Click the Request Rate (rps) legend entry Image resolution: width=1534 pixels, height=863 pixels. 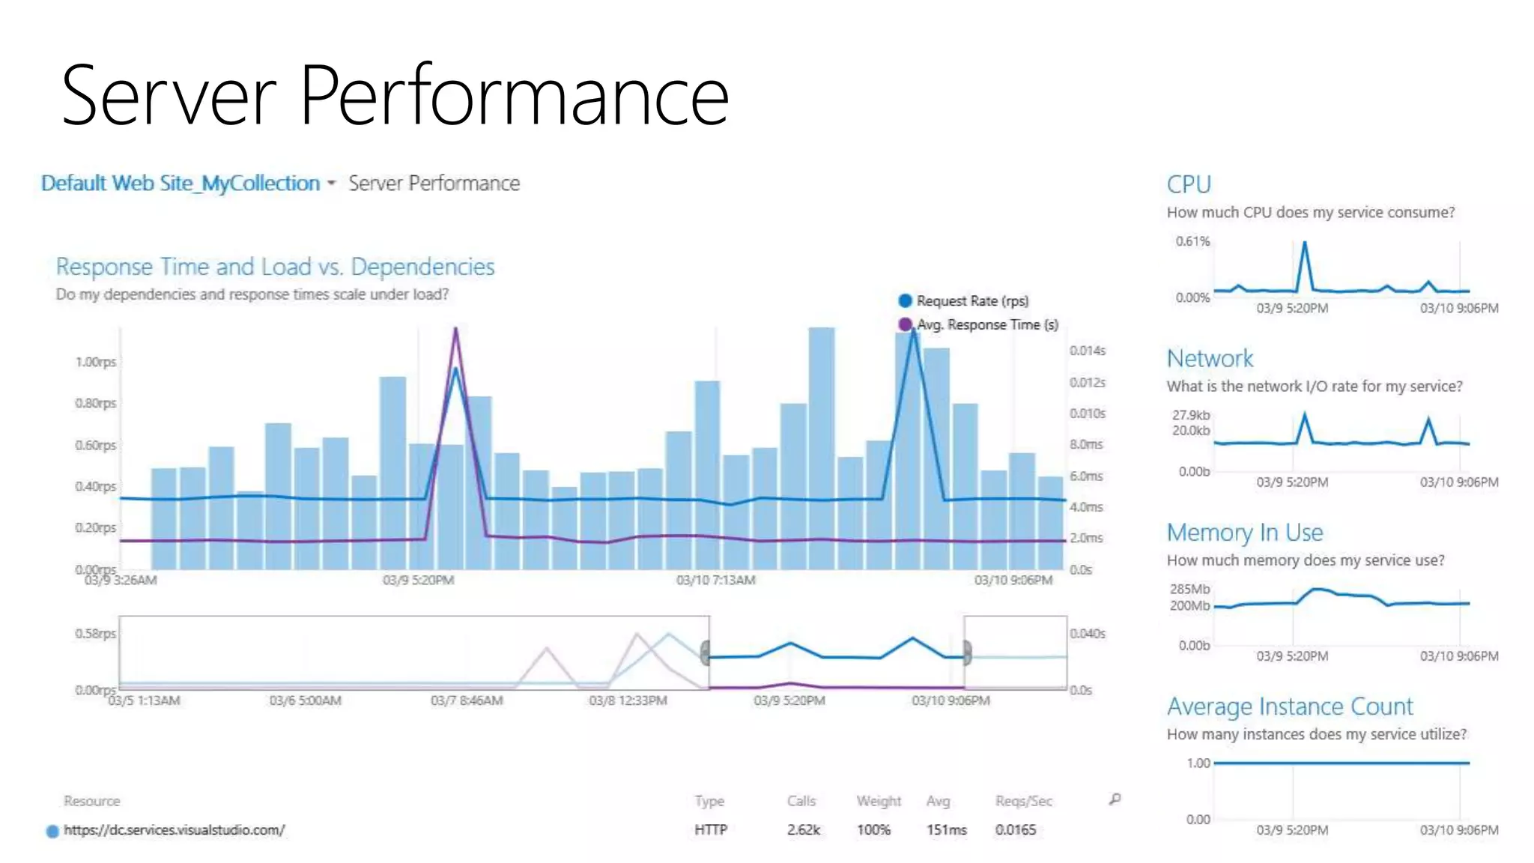pos(964,300)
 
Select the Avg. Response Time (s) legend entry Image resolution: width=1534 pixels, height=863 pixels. pos(978,324)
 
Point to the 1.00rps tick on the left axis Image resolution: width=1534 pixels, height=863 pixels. pos(96,362)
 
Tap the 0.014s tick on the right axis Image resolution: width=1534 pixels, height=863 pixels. pos(1088,351)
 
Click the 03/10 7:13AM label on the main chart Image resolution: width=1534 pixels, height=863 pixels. pos(715,580)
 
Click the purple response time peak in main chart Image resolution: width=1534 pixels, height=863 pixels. pos(455,330)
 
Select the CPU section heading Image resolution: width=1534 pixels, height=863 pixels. pos(1189,184)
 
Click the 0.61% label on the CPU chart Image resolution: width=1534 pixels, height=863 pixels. pos(1192,241)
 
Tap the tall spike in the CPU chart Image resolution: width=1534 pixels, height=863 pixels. pos(1304,244)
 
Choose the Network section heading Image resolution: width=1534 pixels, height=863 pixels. pos(1210,358)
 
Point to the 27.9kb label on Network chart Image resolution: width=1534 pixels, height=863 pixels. pos(1191,415)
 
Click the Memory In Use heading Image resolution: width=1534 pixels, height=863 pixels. pos(1245,533)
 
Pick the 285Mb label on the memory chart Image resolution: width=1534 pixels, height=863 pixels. pos(1190,589)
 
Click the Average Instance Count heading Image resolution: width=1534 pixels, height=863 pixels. pos(1290,706)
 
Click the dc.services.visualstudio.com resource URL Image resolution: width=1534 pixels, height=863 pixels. pos(174,830)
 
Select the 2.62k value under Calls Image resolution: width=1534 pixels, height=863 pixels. pos(804,830)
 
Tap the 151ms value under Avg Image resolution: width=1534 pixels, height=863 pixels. pos(947,830)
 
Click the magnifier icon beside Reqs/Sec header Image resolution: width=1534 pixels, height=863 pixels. pos(1115,800)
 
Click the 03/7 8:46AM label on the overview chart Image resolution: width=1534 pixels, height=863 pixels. pos(466,700)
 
